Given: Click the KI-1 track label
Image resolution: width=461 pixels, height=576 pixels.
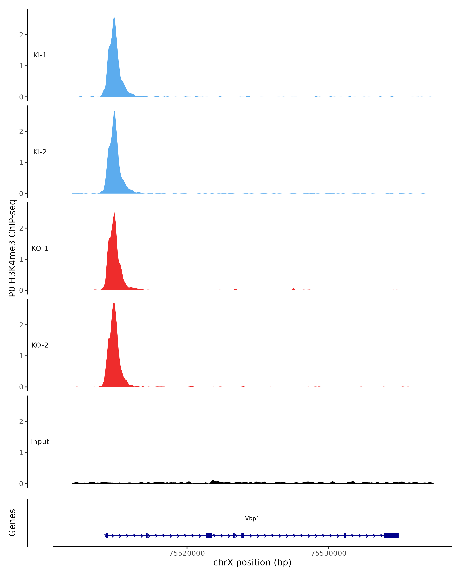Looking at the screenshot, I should click(40, 55).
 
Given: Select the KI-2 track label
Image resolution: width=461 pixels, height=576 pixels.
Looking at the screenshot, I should click(40, 152).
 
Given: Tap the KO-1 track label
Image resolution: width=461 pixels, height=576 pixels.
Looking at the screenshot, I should click(40, 248).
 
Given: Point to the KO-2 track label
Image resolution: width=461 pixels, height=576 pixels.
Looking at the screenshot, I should click(40, 345).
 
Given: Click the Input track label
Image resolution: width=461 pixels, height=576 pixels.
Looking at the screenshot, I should click(40, 442).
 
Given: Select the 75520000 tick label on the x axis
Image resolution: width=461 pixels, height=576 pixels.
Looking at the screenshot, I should click(187, 553).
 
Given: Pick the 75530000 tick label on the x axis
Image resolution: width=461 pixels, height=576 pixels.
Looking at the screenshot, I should click(328, 553).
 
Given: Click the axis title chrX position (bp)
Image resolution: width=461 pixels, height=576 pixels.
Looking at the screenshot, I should click(252, 563).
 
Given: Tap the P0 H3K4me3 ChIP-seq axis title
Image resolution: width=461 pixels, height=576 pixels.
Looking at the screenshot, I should click(12, 248).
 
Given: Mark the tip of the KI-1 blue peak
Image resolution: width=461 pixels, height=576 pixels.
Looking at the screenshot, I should click(114, 18).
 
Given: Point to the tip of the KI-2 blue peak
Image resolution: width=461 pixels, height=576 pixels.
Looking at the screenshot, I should click(114, 112).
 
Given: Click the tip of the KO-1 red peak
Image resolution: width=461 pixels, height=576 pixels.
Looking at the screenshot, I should click(114, 213).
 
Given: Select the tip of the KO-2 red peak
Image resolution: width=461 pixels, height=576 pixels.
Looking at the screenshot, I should click(114, 304).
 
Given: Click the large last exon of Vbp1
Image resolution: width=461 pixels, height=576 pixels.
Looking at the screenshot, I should click(391, 536).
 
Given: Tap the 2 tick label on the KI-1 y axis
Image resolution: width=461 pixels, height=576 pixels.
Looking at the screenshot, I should click(21, 35).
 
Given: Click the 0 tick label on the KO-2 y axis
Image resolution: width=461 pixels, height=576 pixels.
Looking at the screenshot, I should click(21, 387).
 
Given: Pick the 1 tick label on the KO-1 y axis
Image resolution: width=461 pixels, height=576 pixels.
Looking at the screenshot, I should click(21, 259).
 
